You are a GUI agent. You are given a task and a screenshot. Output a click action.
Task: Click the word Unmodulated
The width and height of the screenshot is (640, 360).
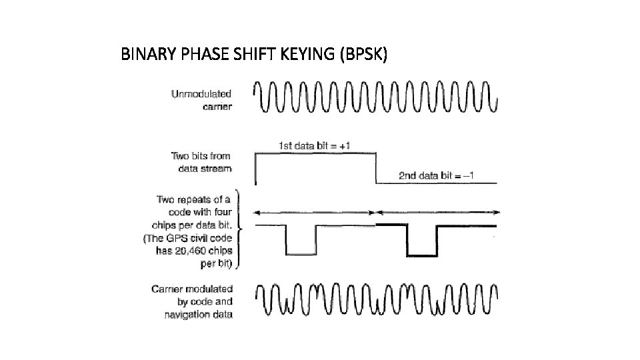[x=201, y=95]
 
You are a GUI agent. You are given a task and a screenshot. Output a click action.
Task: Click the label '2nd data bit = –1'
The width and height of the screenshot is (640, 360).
[x=437, y=176]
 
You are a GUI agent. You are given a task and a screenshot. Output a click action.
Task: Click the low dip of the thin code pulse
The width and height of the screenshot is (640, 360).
[x=300, y=253]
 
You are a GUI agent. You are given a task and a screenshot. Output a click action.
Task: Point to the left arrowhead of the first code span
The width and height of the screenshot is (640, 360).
[x=259, y=212]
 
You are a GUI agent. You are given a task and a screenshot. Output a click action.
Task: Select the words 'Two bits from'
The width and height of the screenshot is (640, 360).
[x=201, y=157]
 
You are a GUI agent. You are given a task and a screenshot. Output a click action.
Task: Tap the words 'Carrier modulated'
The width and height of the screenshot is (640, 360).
[x=191, y=289]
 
